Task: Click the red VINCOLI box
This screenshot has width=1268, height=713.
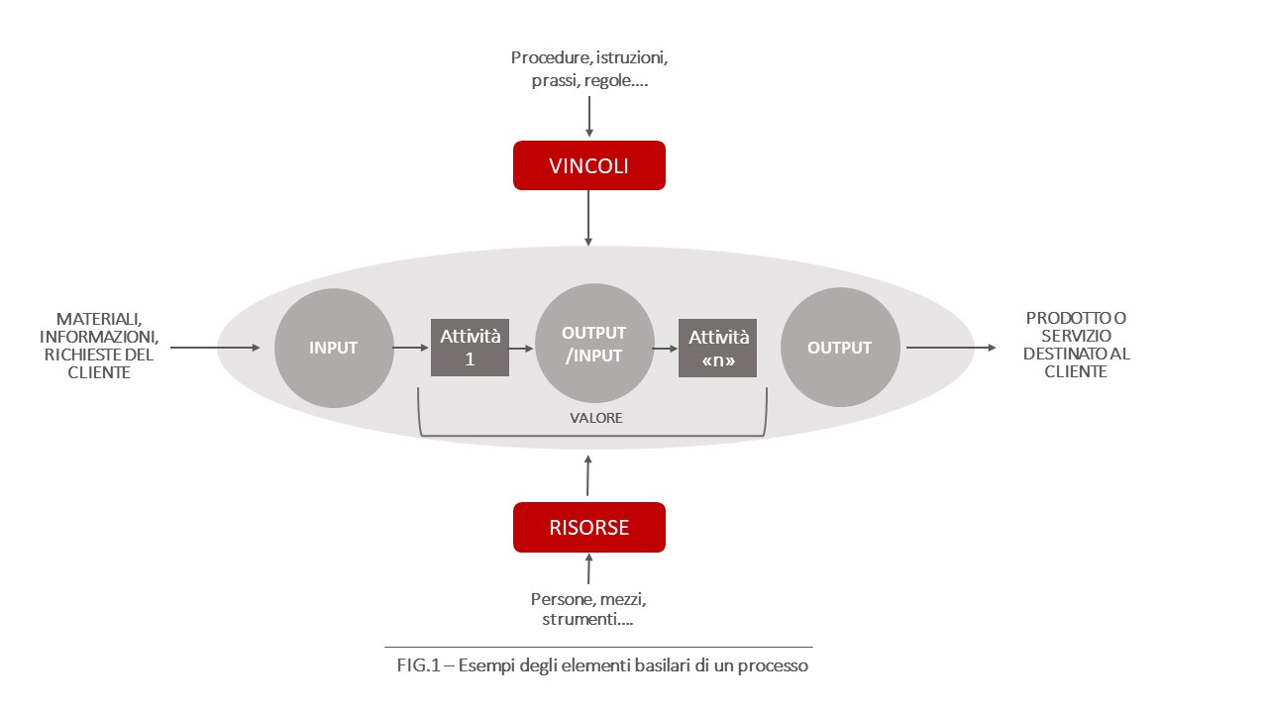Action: [x=588, y=165]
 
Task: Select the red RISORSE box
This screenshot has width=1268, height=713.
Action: [x=588, y=527]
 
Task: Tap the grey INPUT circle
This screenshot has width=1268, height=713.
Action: [x=333, y=348]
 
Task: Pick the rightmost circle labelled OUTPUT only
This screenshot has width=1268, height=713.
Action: [x=840, y=348]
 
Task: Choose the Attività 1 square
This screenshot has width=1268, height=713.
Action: [x=470, y=348]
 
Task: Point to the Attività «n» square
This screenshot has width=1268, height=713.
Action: [x=717, y=348]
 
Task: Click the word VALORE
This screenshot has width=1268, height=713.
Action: [x=595, y=418]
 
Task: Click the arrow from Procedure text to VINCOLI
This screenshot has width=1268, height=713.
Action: [x=589, y=117]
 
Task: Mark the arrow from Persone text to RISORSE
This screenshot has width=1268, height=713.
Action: [x=589, y=569]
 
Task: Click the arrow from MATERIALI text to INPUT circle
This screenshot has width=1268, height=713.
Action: [x=214, y=348]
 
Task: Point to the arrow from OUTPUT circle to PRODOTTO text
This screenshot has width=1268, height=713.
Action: [x=950, y=348]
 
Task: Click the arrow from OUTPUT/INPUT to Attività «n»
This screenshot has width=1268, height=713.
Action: [x=665, y=348]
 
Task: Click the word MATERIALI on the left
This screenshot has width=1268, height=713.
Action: [x=98, y=319]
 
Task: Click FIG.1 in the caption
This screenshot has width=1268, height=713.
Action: [x=417, y=665]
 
